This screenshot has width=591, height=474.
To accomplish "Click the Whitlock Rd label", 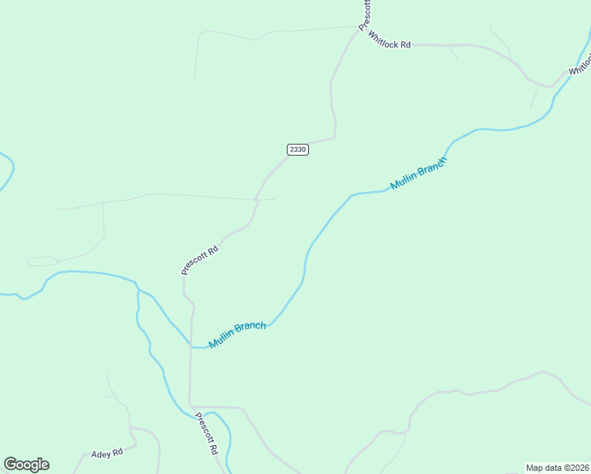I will click(x=390, y=44).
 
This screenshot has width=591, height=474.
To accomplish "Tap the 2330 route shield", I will click(x=297, y=149).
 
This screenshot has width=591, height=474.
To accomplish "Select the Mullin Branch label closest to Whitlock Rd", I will click(x=419, y=173).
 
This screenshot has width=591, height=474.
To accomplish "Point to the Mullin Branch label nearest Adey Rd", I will click(x=237, y=334).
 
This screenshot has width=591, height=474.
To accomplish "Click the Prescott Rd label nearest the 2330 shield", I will click(x=199, y=259).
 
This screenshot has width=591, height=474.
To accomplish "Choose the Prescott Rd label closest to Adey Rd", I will click(x=205, y=434).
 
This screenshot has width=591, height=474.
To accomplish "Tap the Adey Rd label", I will click(x=107, y=453).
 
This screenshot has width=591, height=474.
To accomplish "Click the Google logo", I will click(x=26, y=465).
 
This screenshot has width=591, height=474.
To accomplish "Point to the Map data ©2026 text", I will click(x=558, y=468).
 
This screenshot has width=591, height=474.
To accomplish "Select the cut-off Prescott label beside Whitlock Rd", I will click(x=365, y=15).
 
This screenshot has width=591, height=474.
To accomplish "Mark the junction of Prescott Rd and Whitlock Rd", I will click(x=359, y=32).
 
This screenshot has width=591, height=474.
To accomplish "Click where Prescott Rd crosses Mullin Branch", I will click(x=190, y=346).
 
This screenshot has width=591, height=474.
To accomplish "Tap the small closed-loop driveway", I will click(x=43, y=261).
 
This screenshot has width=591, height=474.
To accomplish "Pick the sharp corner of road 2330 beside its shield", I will click(x=335, y=137).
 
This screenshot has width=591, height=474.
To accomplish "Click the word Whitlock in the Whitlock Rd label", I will click(x=383, y=44).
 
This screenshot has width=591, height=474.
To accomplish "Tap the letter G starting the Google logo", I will click(x=9, y=464).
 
